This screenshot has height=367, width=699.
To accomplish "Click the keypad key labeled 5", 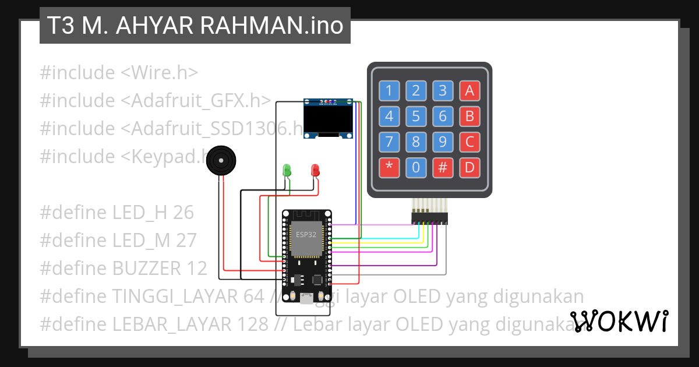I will click(416, 117).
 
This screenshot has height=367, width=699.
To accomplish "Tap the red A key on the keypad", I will click(469, 90).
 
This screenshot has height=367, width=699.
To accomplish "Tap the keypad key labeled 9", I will click(443, 142).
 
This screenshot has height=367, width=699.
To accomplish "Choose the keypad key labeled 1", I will click(389, 90).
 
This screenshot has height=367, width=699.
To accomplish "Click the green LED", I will click(287, 170).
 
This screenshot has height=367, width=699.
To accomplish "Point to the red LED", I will click(315, 170).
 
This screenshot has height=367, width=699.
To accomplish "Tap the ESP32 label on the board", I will click(306, 235).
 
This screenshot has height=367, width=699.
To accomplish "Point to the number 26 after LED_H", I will click(183, 213).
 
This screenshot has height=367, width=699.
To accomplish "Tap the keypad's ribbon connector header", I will click(429, 218).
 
